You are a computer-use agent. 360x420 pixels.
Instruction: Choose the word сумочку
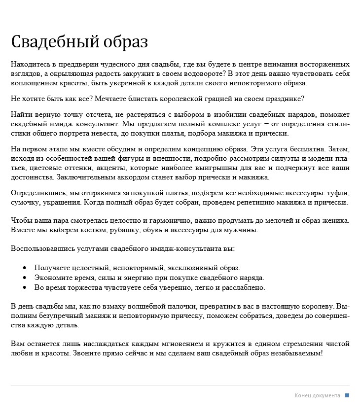[x=25, y=202]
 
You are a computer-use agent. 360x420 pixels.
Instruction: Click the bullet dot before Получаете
[x=25, y=268]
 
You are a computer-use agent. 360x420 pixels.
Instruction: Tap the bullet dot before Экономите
[x=25, y=278]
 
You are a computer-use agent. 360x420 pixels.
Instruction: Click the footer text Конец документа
[x=318, y=395]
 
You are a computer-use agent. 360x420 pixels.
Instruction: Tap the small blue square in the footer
[x=347, y=395]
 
